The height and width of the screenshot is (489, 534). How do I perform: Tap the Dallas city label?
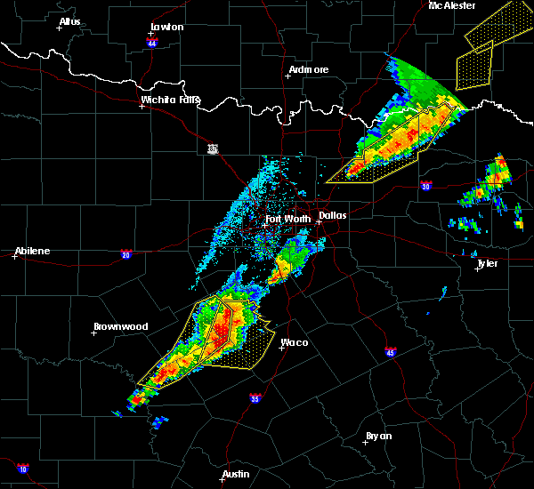pyautogui.click(x=333, y=214)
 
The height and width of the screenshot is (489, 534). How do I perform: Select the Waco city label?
pyautogui.click(x=294, y=342)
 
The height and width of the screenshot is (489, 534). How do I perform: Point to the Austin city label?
pyautogui.click(x=236, y=474)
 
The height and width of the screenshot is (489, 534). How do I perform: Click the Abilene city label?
pyautogui.click(x=32, y=251)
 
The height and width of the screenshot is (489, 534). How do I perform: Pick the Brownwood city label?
pyautogui.click(x=120, y=326)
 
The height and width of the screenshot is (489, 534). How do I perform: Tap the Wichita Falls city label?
pyautogui.click(x=170, y=100)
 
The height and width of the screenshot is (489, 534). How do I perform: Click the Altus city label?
pyautogui.click(x=69, y=21)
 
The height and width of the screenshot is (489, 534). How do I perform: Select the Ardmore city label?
pyautogui.click(x=309, y=69)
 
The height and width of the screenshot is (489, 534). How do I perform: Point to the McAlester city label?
pyautogui.click(x=451, y=5)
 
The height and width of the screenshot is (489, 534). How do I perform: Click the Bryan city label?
pyautogui.click(x=377, y=436)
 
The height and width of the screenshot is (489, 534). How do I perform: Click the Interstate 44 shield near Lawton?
pyautogui.click(x=152, y=42)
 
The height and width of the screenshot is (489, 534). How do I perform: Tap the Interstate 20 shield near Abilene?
pyautogui.click(x=125, y=253)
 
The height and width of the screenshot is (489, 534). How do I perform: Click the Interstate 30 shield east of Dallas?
pyautogui.click(x=425, y=186)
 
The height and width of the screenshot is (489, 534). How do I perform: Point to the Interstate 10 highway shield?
pyautogui.click(x=22, y=468)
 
